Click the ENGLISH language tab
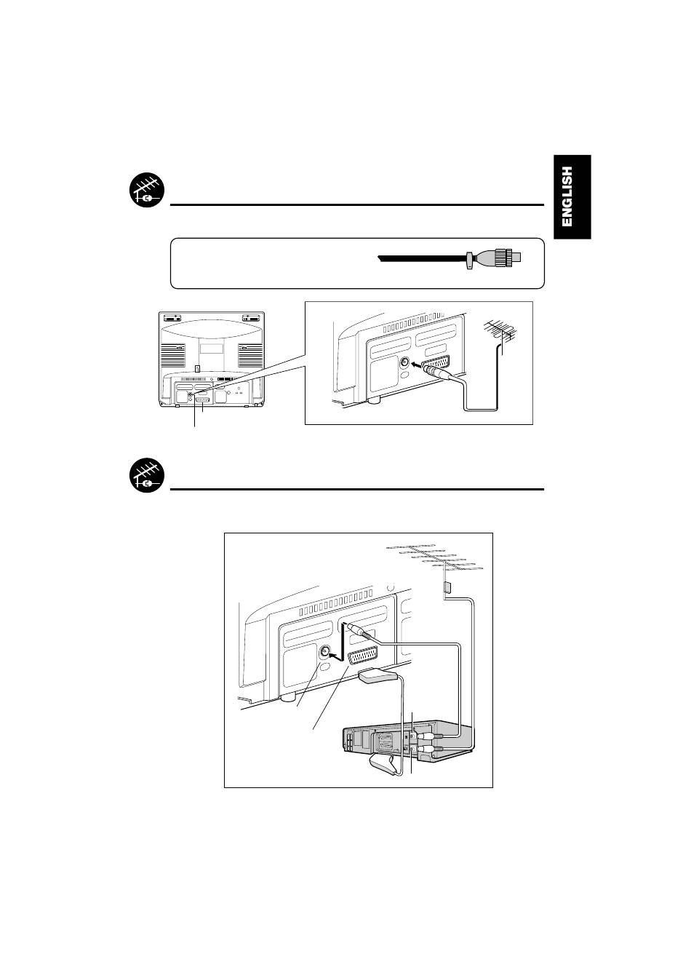[571, 196]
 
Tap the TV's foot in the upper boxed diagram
[375, 399]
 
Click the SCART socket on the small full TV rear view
[203, 400]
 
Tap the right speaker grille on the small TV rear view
[250, 355]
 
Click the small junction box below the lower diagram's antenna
[447, 587]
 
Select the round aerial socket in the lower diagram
[325, 652]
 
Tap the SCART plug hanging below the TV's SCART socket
[379, 676]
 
